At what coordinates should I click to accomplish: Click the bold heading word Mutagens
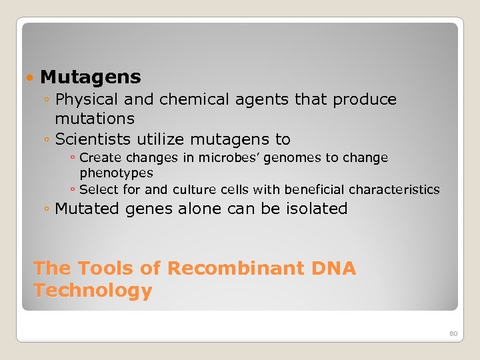[91, 77]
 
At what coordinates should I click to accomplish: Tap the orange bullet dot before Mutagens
[28, 79]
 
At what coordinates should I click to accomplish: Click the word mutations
[95, 119]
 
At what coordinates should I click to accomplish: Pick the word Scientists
[93, 139]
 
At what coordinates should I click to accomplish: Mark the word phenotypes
[116, 173]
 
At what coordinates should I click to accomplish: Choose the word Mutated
[85, 209]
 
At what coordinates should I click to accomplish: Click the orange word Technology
[93, 291]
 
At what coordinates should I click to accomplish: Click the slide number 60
[453, 333]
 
